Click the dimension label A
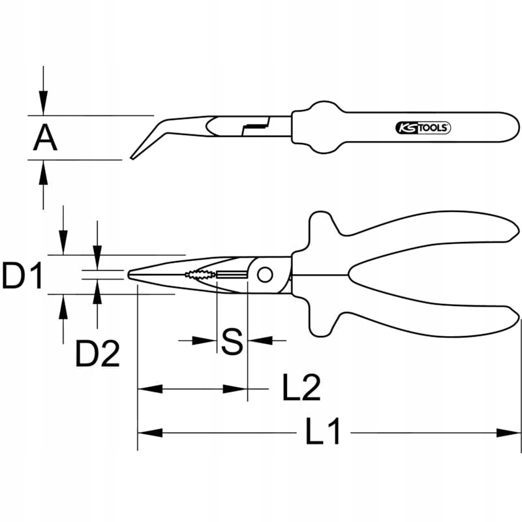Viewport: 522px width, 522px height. tap(46, 138)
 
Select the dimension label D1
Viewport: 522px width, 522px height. tap(22, 276)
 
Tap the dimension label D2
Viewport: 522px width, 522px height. tap(97, 354)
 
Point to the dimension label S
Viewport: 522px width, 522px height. tap(232, 341)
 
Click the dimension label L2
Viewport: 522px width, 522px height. tap(301, 389)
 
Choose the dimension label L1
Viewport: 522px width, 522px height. tap(324, 433)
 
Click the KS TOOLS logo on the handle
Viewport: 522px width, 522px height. tap(423, 128)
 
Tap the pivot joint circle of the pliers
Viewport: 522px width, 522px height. tap(264, 275)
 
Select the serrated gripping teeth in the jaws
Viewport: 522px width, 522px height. tap(199, 275)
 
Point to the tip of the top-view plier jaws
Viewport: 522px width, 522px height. tap(130, 275)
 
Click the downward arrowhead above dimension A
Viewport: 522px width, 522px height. tap(43, 104)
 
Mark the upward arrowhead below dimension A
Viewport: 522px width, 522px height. tap(43, 172)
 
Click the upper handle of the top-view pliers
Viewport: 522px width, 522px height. tap(424, 235)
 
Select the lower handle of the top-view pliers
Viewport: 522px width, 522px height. tap(424, 316)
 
